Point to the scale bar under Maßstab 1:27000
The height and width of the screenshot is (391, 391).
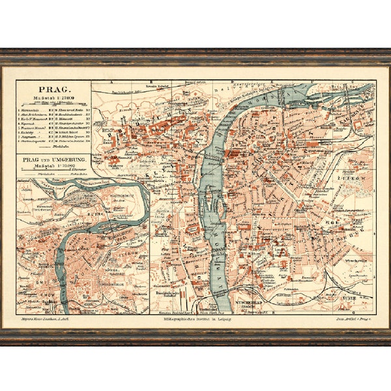[x=53, y=103]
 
